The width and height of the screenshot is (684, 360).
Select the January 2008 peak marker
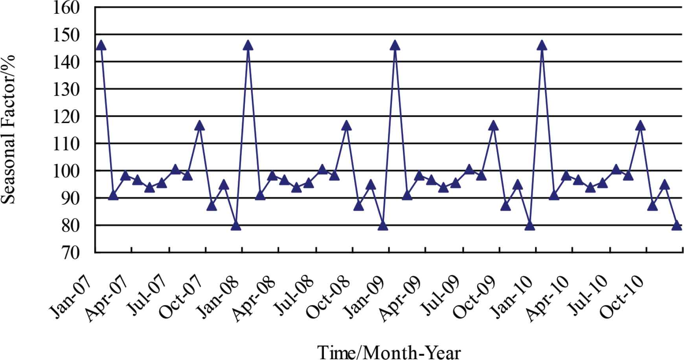tap(248, 45)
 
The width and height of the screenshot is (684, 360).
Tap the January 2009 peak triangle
tap(395, 45)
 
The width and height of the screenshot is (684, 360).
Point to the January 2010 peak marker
tap(542, 45)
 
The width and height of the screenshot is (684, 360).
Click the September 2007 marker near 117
tap(199, 125)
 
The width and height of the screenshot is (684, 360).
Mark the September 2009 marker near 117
tap(493, 125)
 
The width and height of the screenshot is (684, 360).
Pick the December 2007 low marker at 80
tap(236, 226)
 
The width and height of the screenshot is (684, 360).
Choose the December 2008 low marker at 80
tap(383, 226)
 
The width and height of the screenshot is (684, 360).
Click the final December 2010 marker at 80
tap(677, 226)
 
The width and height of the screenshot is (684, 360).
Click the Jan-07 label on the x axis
tap(73, 296)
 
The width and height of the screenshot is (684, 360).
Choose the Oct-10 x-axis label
tap(625, 296)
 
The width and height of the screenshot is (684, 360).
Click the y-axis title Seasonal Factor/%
tap(9, 129)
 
